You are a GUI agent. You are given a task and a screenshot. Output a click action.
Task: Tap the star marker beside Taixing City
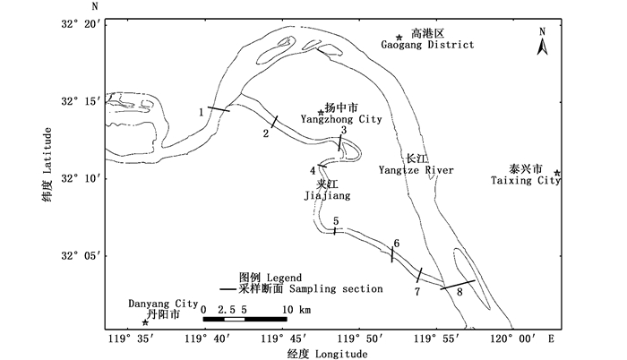(x=557, y=174)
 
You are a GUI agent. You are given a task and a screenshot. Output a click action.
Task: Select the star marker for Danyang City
(x=146, y=322)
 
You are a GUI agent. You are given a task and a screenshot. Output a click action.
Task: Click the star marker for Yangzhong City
(x=321, y=113)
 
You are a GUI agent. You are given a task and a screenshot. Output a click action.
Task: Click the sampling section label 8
(x=460, y=291)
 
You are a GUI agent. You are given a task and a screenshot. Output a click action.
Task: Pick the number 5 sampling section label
(x=335, y=221)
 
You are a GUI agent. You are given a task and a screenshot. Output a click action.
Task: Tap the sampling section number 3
(x=342, y=131)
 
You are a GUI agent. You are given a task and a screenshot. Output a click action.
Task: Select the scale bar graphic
(x=245, y=319)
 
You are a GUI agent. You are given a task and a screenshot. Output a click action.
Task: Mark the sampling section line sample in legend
(x=228, y=289)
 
